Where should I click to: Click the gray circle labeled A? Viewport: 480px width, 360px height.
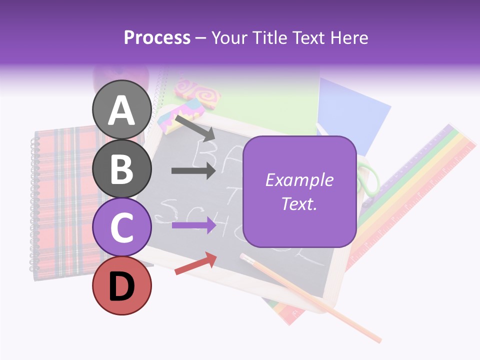121,110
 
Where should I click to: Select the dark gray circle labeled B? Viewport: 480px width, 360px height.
121,169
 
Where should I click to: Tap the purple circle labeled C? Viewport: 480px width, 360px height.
121,227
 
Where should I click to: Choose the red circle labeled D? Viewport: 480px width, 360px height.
121,286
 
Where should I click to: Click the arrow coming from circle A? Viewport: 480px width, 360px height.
195,128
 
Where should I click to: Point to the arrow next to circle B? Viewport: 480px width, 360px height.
193,170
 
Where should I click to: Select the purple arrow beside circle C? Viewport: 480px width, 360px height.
193,225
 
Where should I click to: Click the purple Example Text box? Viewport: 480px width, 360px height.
299,191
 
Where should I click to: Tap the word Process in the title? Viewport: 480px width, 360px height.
157,37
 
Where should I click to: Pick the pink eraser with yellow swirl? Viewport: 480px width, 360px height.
197,92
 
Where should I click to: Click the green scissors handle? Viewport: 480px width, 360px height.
369,180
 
